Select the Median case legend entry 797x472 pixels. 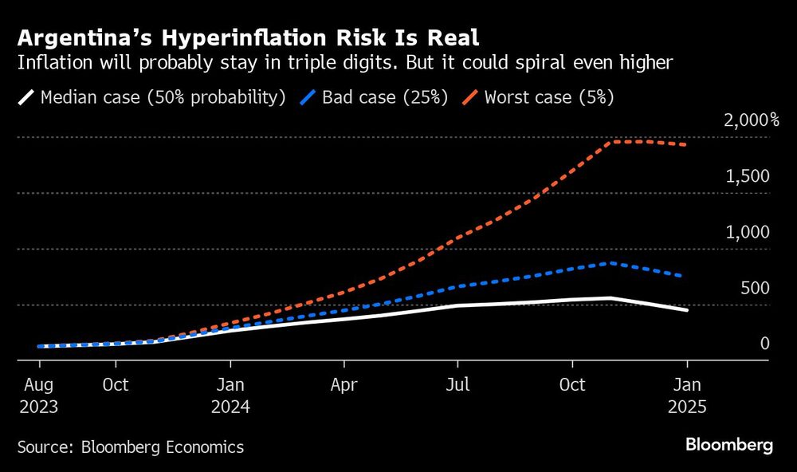[x=151, y=97]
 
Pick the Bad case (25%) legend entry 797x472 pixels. [x=375, y=97]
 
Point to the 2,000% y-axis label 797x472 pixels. [x=751, y=120]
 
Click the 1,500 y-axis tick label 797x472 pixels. [x=748, y=176]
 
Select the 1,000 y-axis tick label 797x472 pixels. [x=748, y=232]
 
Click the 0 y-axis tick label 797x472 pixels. [x=764, y=344]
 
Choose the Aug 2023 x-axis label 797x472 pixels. [x=38, y=395]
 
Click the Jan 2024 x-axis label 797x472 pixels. [x=230, y=395]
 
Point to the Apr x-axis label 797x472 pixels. [x=344, y=385]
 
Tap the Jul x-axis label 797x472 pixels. [x=457, y=385]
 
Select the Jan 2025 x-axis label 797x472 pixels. [x=685, y=395]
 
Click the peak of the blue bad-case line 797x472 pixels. [x=611, y=262]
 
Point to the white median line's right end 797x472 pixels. [x=687, y=309]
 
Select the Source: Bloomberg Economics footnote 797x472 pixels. [x=131, y=447]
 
